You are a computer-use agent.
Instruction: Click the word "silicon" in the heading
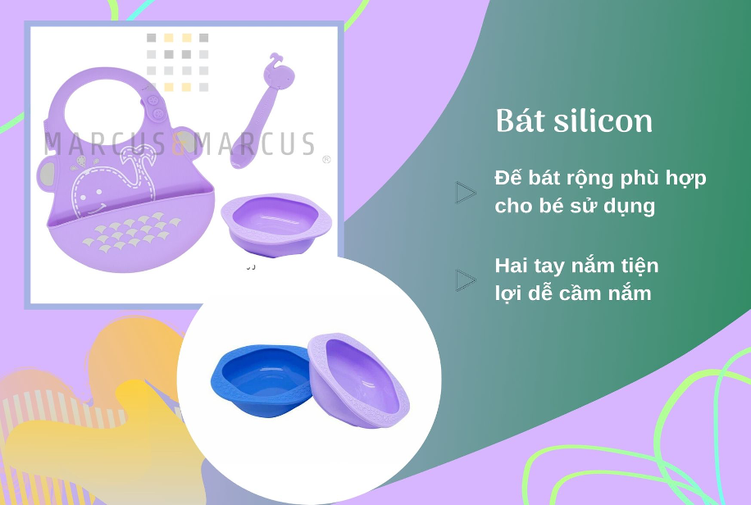(603, 121)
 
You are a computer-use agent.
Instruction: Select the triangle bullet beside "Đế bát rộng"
(465, 192)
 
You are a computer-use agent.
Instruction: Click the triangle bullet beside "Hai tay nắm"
(465, 280)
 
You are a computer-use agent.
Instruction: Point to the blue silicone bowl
(261, 379)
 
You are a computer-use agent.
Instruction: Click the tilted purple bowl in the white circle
(358, 380)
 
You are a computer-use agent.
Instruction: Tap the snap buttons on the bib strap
(156, 107)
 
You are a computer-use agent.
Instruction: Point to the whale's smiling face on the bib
(93, 198)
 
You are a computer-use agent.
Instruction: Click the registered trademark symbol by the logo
(326, 160)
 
